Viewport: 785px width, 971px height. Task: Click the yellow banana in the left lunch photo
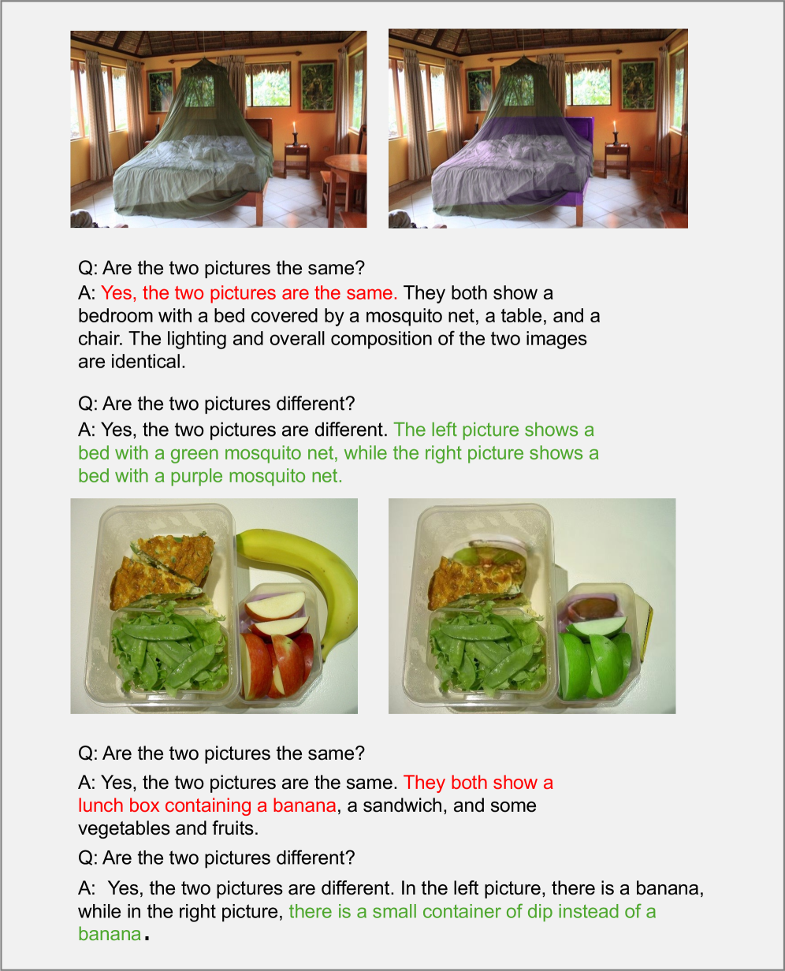319,565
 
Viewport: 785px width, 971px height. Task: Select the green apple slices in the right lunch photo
595,659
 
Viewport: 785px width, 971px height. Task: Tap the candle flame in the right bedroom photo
615,125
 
